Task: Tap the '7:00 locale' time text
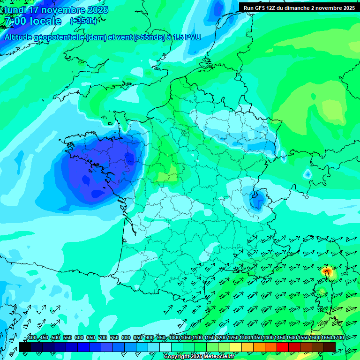tap(32, 22)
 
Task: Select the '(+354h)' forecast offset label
tap(83, 21)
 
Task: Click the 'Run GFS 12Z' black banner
tap(299, 7)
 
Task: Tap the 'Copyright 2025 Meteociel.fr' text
tap(199, 357)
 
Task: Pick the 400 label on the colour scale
tap(32, 338)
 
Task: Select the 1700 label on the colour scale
tap(337, 338)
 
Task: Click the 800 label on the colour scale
tap(126, 338)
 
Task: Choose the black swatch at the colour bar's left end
tap(25, 347)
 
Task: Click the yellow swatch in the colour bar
tap(235, 347)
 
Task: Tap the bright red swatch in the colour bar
tap(282, 347)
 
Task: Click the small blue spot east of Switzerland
tap(307, 174)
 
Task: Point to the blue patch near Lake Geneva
tap(257, 201)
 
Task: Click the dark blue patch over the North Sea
tap(218, 8)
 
